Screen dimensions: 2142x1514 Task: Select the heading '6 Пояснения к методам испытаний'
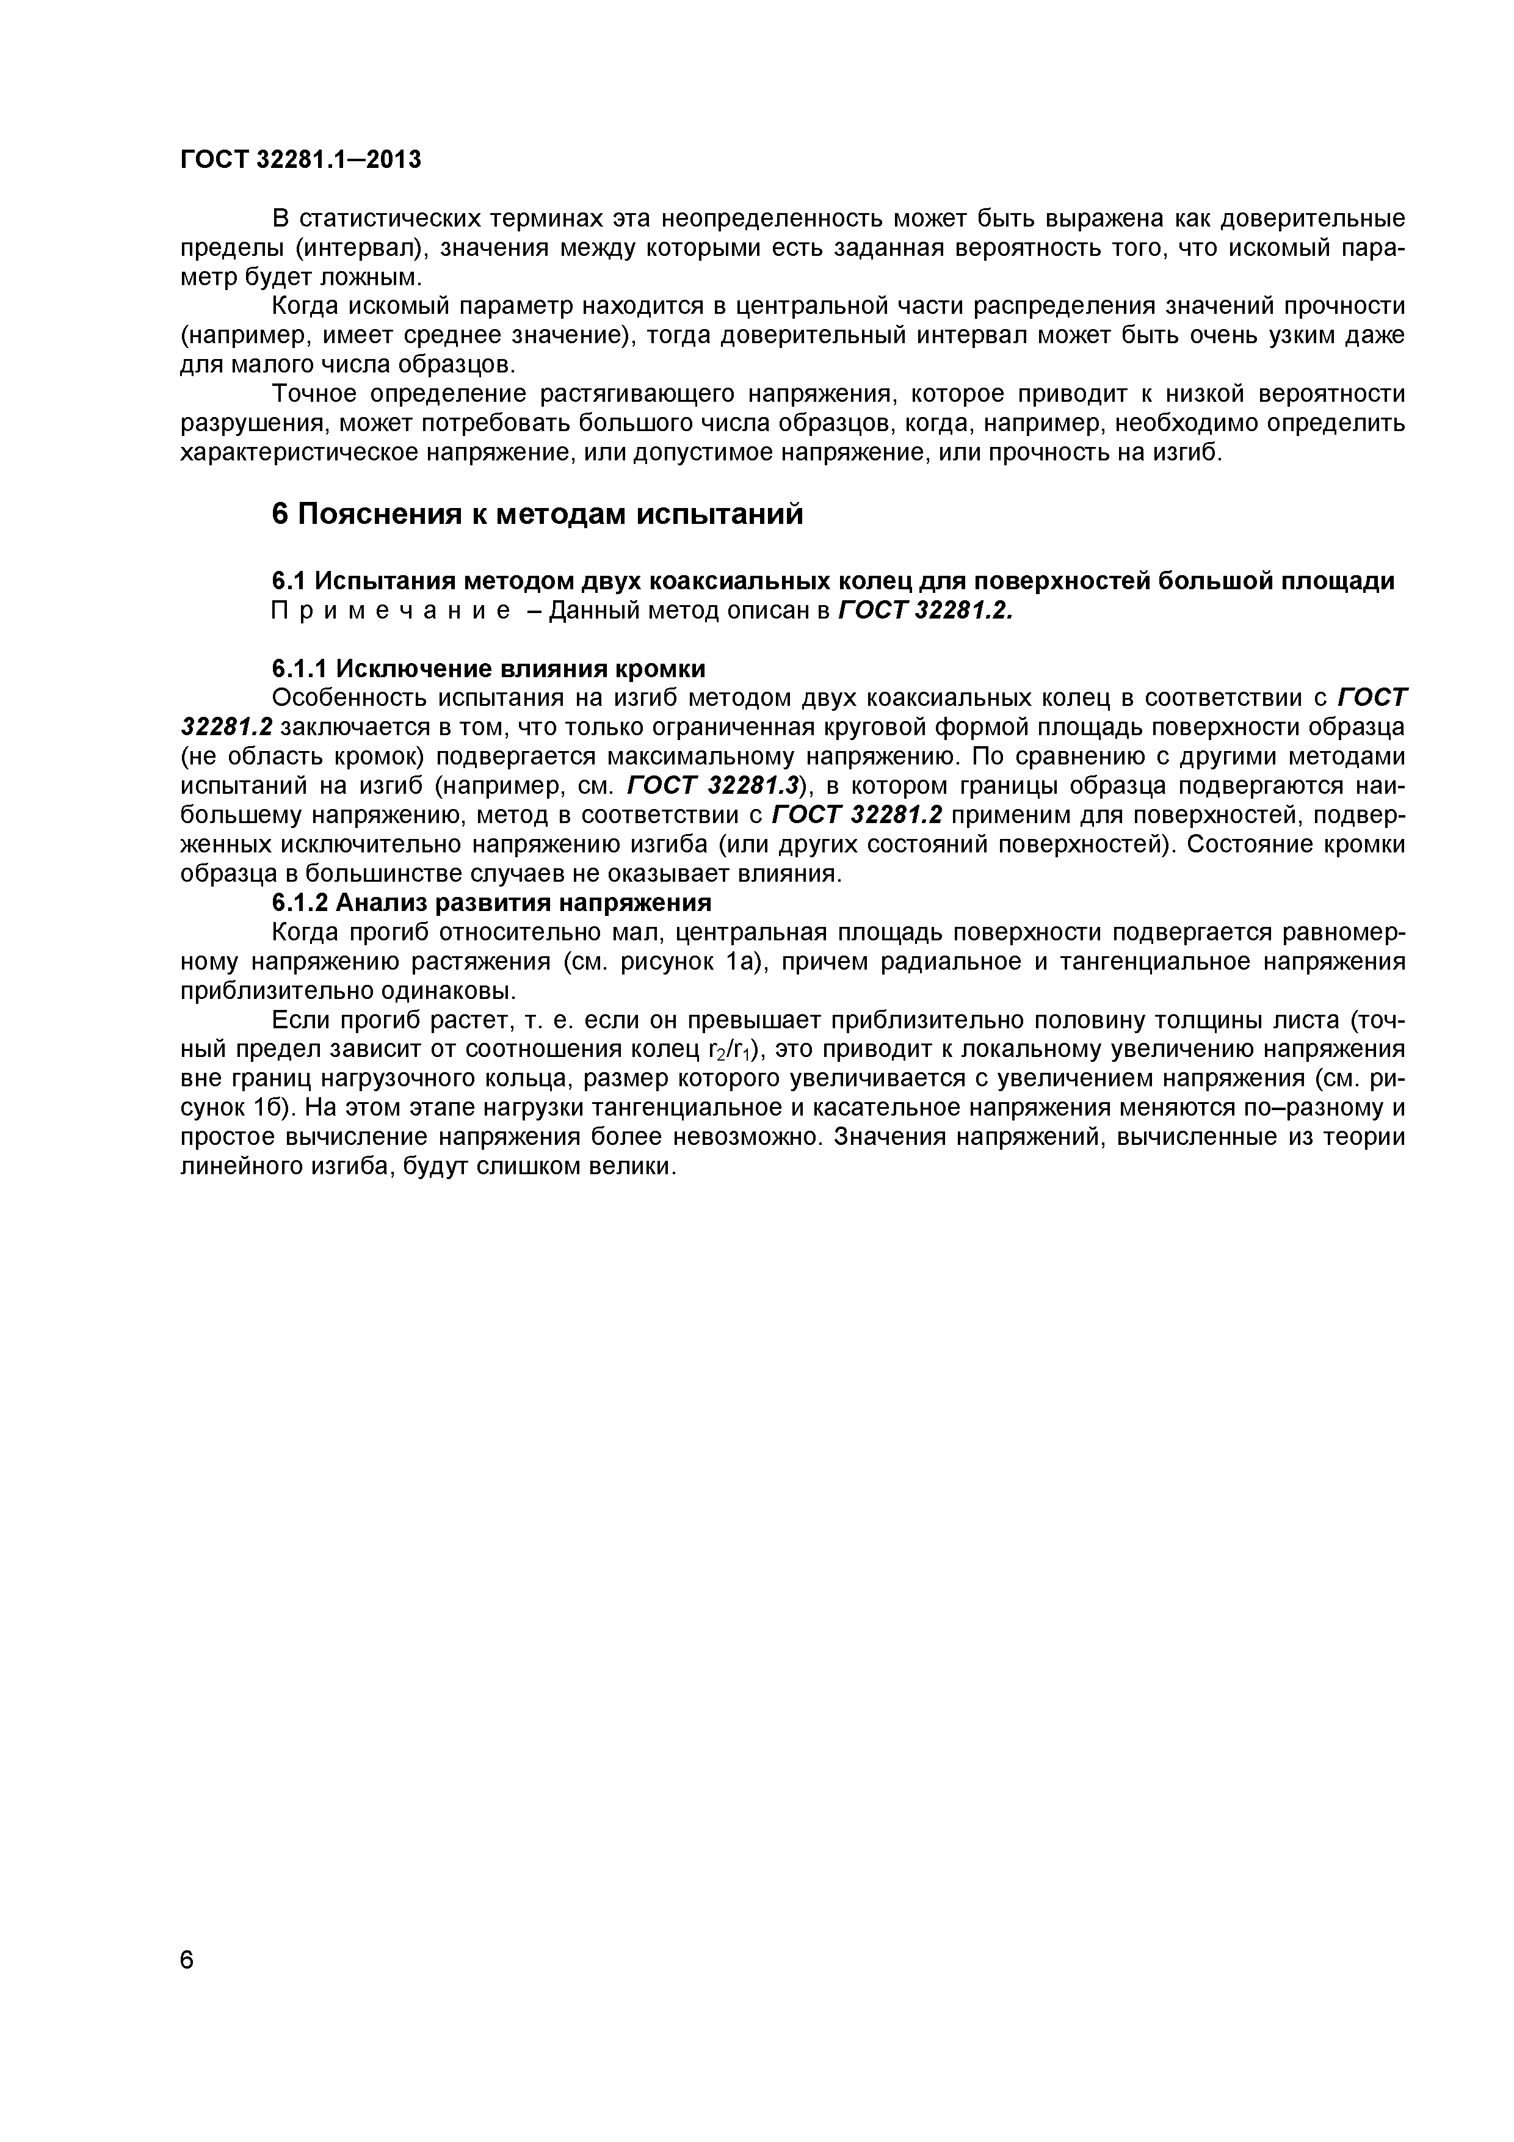coord(537,514)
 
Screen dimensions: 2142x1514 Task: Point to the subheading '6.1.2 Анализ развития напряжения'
coord(491,902)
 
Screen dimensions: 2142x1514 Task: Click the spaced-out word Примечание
coord(391,611)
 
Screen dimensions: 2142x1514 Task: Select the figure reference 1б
coord(274,1108)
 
